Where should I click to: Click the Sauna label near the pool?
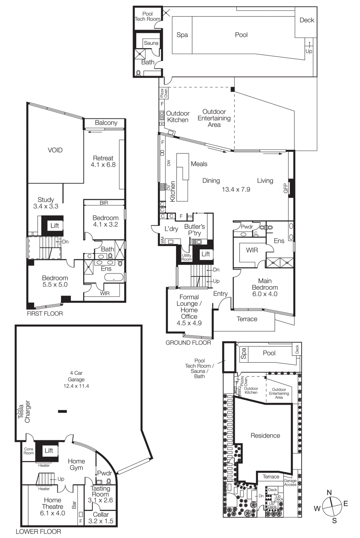pyautogui.click(x=151, y=43)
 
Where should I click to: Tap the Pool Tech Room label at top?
pyautogui.click(x=147, y=16)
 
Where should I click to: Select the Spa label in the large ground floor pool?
pyautogui.click(x=182, y=35)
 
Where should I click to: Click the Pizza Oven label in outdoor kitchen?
pyautogui.click(x=164, y=93)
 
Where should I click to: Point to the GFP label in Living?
pyautogui.click(x=286, y=188)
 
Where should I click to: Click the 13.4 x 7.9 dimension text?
pyautogui.click(x=236, y=190)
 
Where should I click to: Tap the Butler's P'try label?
pyautogui.click(x=194, y=230)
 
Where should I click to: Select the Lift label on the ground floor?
pyautogui.click(x=206, y=254)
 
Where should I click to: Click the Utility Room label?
pyautogui.click(x=186, y=257)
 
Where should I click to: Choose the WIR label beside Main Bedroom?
pyautogui.click(x=252, y=250)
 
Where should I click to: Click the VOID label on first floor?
pyautogui.click(x=55, y=150)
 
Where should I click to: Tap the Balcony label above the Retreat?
pyautogui.click(x=106, y=123)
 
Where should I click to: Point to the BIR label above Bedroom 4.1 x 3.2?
pyautogui.click(x=104, y=203)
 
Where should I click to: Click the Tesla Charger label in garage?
pyautogui.click(x=24, y=412)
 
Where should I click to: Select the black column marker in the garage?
pyautogui.click(x=62, y=411)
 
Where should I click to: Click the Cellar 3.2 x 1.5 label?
pyautogui.click(x=101, y=518)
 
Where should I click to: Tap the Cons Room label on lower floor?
pyautogui.click(x=29, y=451)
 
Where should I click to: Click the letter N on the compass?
pyautogui.click(x=329, y=493)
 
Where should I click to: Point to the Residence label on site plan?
pyautogui.click(x=265, y=436)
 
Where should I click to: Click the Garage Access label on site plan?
pyautogui.click(x=290, y=483)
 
